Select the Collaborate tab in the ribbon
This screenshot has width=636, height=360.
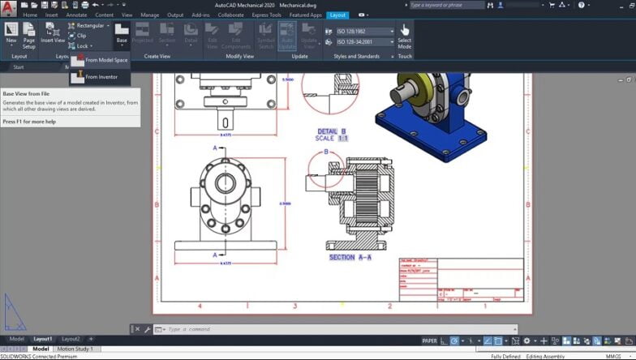[x=230, y=15]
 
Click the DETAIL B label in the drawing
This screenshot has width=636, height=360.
[x=332, y=131]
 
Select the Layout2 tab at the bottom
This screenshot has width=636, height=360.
[x=71, y=339]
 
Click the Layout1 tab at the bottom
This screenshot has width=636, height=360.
[x=42, y=339]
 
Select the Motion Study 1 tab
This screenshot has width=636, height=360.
[x=75, y=349]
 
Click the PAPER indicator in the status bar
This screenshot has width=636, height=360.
[x=430, y=341]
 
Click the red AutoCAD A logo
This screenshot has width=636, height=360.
[x=9, y=6]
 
